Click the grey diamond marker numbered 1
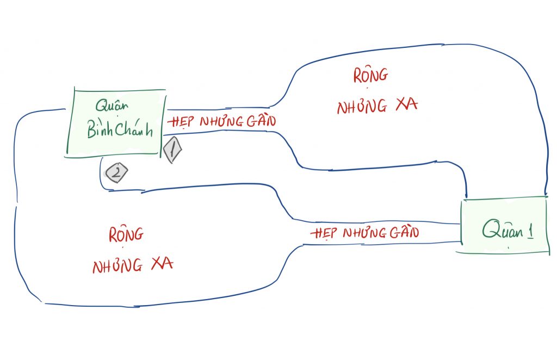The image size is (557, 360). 172,150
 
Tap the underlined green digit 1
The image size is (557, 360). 528,231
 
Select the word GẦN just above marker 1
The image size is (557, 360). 261,120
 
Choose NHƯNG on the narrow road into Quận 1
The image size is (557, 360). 362,234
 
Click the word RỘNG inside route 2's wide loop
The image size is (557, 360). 126,235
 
